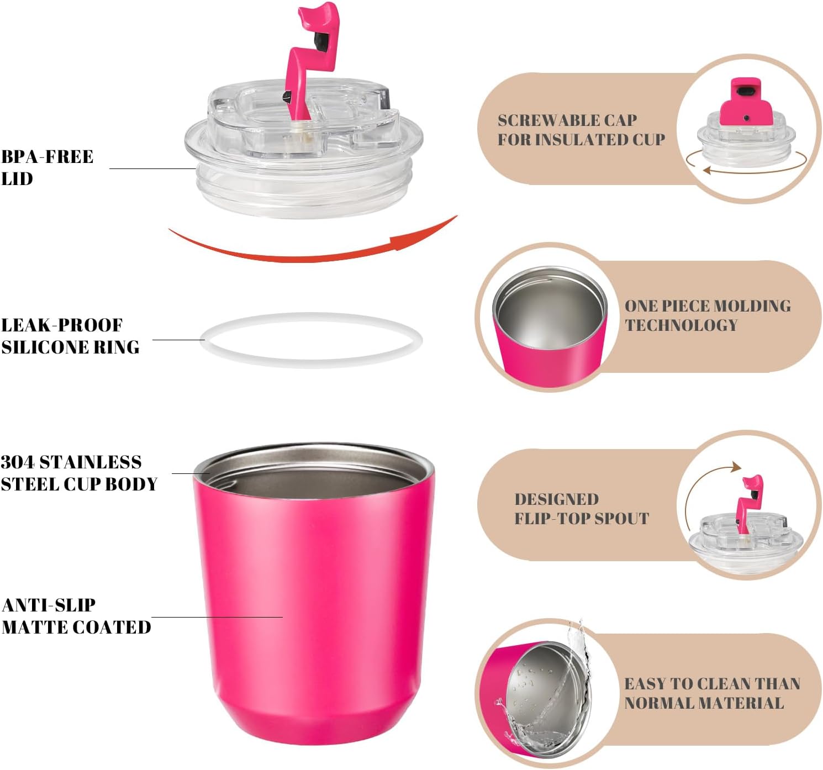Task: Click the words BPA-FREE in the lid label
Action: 48,157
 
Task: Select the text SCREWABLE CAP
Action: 567,120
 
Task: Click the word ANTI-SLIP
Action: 49,605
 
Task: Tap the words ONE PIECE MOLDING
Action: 708,306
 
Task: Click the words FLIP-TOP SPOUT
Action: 582,519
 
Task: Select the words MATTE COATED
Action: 76,627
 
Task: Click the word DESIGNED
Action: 557,499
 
